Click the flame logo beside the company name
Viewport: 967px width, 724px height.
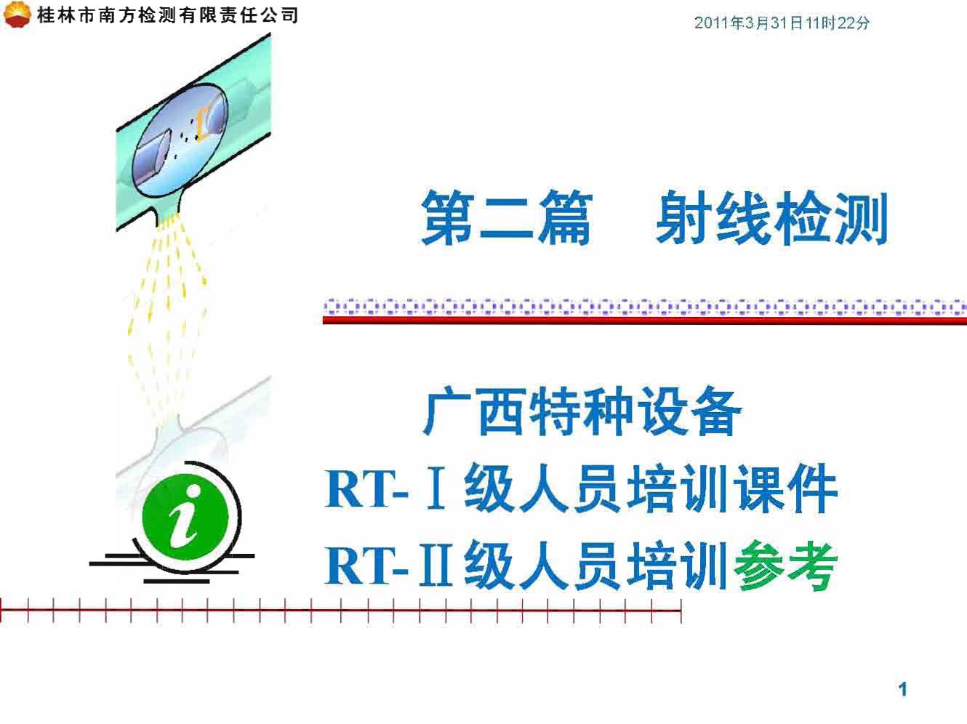point(16,14)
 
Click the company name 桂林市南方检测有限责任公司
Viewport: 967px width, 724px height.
point(168,15)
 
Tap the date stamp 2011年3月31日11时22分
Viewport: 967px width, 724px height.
point(782,23)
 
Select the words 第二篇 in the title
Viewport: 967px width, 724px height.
point(507,218)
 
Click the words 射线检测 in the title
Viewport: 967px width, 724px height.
point(771,218)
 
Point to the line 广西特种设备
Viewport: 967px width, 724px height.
point(582,411)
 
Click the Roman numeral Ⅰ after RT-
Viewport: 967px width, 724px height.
point(436,489)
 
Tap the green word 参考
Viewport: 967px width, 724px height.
point(786,566)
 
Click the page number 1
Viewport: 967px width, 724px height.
point(902,689)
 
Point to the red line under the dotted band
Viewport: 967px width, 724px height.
point(644,321)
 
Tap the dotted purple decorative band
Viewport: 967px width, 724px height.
point(644,307)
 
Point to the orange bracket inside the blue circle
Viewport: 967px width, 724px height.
point(201,121)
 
